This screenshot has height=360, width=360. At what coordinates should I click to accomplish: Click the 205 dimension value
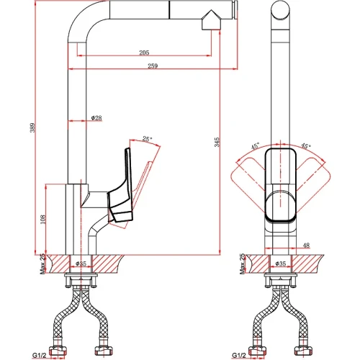point(144,53)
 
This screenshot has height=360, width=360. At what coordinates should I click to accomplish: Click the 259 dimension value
point(153,66)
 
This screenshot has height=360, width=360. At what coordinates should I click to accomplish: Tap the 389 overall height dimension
point(32,127)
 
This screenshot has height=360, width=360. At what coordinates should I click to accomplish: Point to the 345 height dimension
point(217,142)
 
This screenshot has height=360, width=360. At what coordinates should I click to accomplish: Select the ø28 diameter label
point(96,118)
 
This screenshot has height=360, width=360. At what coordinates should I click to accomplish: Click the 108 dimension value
point(43,220)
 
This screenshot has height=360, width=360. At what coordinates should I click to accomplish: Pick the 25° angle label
point(147,139)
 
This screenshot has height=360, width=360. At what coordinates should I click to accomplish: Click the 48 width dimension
point(307,246)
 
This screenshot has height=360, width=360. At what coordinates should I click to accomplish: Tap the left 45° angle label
point(256,146)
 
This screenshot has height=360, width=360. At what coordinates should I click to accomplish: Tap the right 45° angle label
point(306,145)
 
